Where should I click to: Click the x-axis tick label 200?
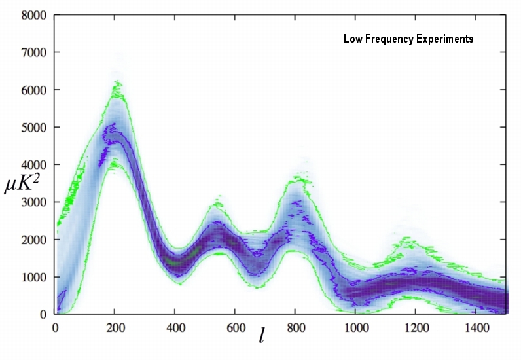115,327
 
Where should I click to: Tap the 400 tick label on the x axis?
175,327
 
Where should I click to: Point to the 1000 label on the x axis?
355,327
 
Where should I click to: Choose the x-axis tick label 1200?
415,327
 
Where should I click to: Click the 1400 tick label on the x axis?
475,327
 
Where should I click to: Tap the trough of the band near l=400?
177,262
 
